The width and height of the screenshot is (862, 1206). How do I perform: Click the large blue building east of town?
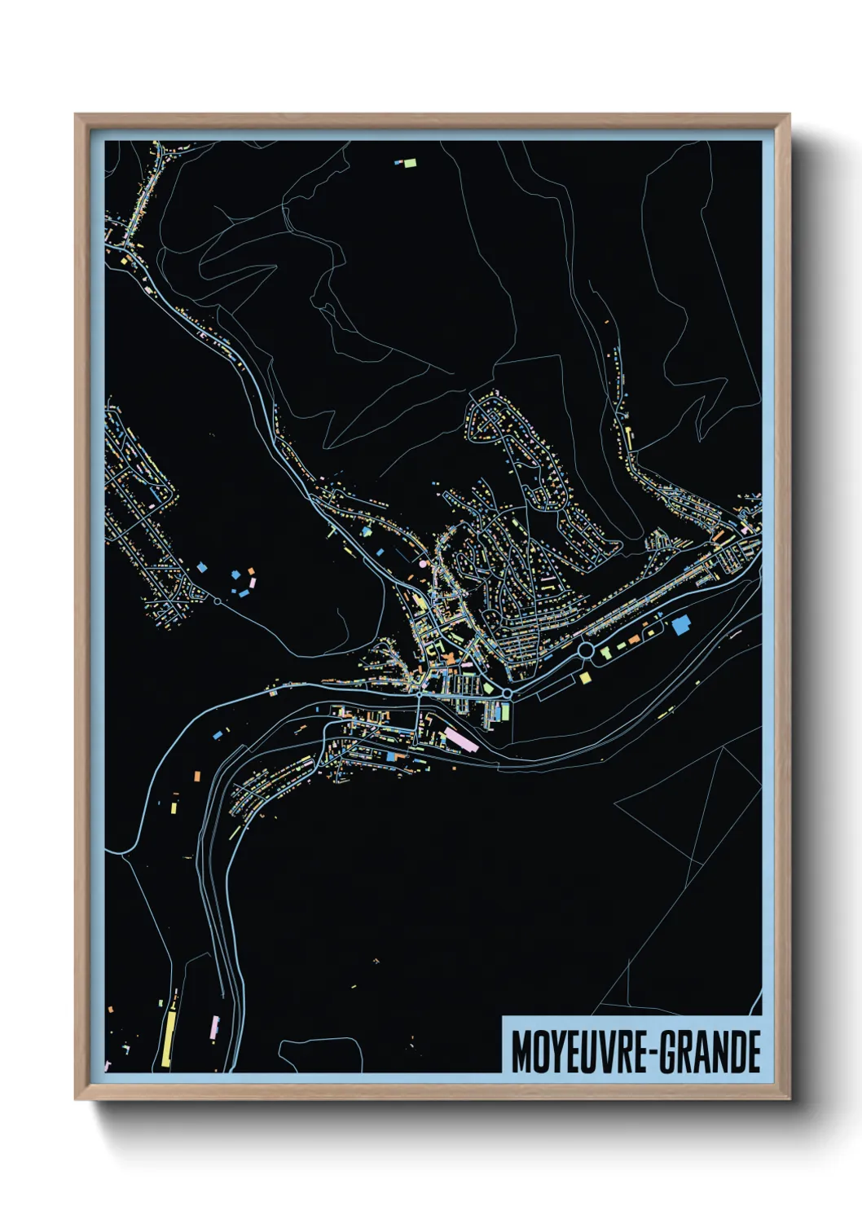[680, 625]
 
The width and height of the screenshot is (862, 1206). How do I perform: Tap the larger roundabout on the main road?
[586, 650]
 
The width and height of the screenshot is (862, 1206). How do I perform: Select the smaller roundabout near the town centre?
[507, 693]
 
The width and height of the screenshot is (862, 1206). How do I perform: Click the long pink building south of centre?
[459, 740]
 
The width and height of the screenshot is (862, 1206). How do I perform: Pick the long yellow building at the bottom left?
[168, 1039]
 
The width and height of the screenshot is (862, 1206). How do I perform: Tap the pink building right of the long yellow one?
[215, 1026]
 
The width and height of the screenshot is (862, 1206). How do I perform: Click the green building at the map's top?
[410, 163]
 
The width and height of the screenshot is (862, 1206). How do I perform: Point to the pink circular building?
[422, 563]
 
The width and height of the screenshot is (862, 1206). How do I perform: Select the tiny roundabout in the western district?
[218, 601]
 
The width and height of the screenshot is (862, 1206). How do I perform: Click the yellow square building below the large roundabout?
[584, 677]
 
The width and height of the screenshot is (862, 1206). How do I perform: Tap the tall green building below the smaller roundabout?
[504, 712]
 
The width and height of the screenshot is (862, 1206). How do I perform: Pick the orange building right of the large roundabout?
[605, 650]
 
